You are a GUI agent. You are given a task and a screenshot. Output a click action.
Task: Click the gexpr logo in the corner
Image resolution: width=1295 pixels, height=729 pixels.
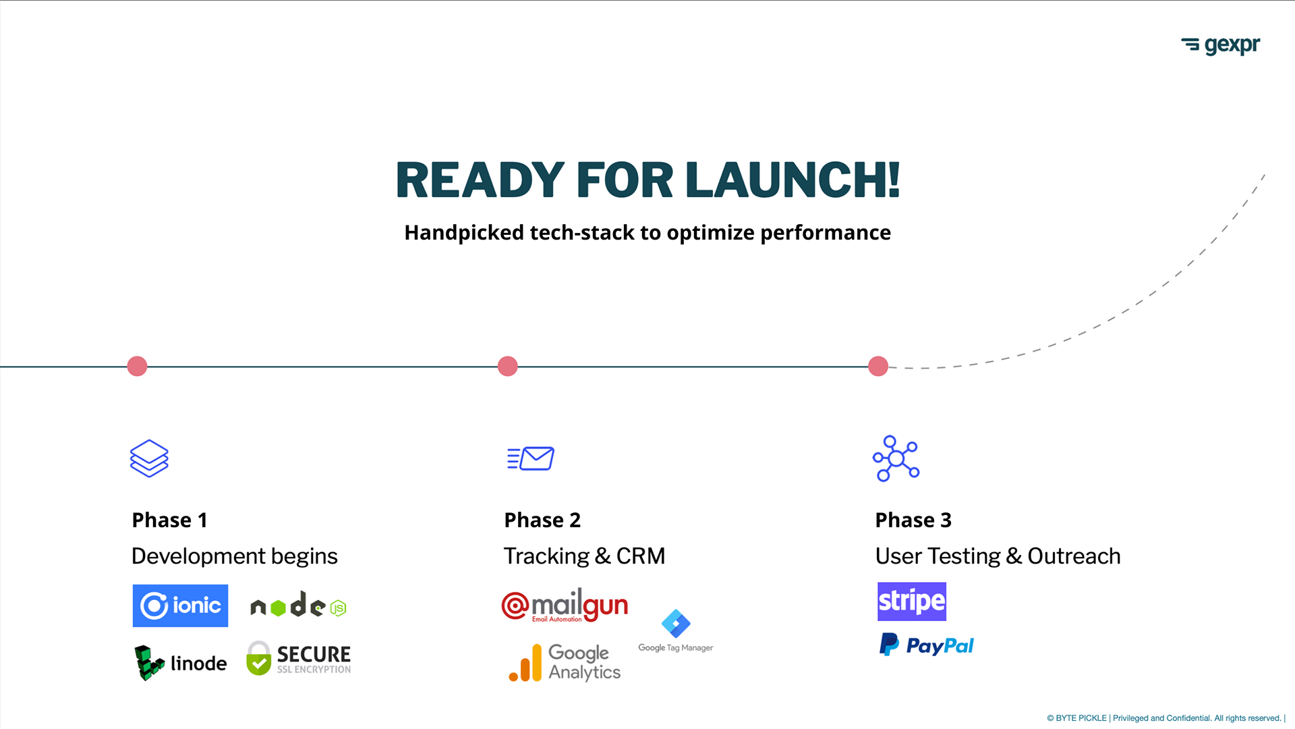(x=1220, y=45)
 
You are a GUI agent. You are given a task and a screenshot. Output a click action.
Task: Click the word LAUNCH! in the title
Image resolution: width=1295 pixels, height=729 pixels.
(x=793, y=180)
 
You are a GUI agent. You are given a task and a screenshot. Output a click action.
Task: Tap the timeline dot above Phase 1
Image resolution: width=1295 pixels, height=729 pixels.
(x=137, y=366)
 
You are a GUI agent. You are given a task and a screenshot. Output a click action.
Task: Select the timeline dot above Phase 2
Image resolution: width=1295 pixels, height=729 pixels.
(x=507, y=366)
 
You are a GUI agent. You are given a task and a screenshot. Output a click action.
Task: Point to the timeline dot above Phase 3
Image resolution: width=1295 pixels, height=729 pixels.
(x=877, y=366)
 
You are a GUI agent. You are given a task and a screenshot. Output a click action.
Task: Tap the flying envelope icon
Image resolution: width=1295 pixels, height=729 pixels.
(x=531, y=458)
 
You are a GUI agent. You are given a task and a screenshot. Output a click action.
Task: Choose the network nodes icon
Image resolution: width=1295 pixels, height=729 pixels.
(x=896, y=459)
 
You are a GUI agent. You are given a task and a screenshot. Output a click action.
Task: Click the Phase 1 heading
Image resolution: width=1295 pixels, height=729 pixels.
(x=169, y=520)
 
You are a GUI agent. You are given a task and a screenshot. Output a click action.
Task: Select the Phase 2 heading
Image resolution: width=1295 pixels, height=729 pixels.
(x=542, y=520)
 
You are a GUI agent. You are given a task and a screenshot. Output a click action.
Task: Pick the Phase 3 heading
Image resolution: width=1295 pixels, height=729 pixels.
(x=913, y=520)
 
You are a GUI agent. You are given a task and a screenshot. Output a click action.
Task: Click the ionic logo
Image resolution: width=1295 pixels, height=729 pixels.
(x=180, y=605)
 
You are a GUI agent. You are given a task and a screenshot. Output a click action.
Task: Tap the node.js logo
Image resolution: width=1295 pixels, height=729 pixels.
(x=298, y=605)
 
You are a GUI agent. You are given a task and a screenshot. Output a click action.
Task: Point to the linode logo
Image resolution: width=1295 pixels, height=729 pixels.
(x=181, y=663)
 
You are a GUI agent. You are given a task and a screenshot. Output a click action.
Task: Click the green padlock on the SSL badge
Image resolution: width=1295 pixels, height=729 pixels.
(x=258, y=658)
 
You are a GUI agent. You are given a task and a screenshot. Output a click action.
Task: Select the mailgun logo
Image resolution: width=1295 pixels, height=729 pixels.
(x=565, y=605)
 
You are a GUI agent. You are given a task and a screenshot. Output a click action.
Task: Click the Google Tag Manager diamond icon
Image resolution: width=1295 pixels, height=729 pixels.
(x=676, y=624)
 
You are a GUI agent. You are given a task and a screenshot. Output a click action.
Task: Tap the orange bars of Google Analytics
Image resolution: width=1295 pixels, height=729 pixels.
(x=525, y=663)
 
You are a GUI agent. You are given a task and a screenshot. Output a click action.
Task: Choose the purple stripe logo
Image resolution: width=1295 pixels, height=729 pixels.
(x=912, y=601)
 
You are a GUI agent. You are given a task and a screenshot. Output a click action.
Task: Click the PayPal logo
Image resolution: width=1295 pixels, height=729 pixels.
(x=927, y=645)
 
